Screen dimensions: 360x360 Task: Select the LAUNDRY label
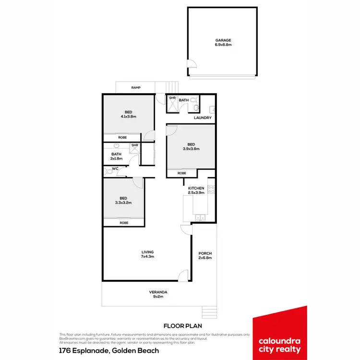coord(203,118)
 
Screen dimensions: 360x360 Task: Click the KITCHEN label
coord(196,188)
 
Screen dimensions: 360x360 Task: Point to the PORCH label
coord(205,253)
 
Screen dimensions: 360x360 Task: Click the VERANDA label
coord(158,292)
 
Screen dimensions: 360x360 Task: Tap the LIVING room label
coord(147,252)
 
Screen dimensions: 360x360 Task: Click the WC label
coord(115,168)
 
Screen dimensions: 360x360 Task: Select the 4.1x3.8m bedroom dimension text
coord(129,117)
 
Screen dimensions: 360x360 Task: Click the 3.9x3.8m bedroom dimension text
coord(191,149)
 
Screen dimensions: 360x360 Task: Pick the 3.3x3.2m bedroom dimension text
coord(123,203)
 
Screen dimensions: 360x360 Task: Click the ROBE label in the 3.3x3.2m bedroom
coord(124,223)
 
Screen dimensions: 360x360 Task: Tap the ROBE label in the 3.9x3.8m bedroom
coord(182,173)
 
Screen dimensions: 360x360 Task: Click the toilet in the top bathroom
coord(194,100)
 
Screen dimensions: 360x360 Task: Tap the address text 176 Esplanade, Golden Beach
coord(109,351)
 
